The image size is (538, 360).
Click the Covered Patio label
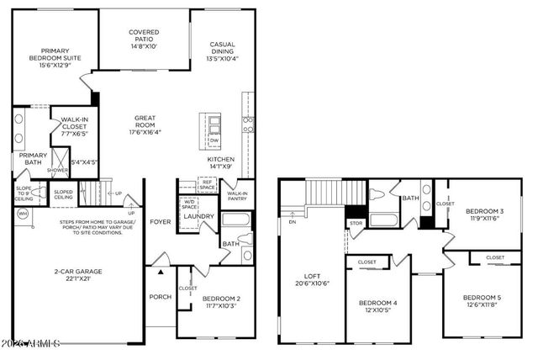pos(144,36)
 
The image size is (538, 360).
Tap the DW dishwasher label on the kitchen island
pos(214,140)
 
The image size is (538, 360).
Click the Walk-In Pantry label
pos(235,197)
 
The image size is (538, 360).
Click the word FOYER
pos(160,223)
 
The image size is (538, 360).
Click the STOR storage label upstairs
pos(355,224)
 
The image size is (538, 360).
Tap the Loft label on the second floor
pos(314,277)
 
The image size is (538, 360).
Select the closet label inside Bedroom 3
pos(446,204)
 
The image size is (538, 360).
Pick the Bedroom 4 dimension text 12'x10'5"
pos(377,310)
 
